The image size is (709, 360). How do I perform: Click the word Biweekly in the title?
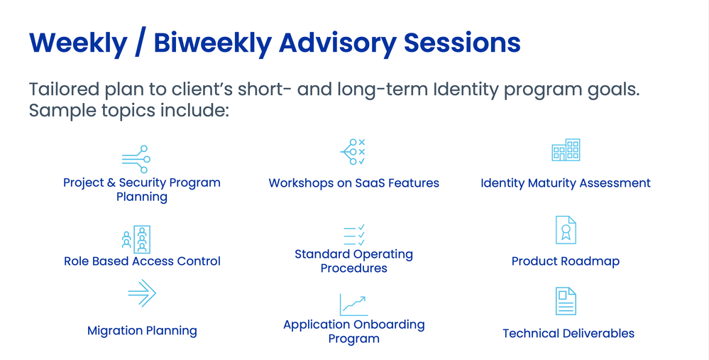(212, 43)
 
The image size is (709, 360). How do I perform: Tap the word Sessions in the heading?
(462, 43)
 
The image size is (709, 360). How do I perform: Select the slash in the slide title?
(141, 43)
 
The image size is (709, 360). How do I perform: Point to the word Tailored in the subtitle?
(64, 89)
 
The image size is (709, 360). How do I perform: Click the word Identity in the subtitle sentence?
(466, 90)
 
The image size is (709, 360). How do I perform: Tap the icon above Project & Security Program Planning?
(136, 159)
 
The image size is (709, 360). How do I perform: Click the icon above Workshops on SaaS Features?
(353, 152)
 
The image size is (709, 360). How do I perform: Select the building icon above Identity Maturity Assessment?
(566, 150)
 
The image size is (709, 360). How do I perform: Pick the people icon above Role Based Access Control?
(136, 239)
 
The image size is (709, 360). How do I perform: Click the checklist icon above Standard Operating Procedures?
(354, 235)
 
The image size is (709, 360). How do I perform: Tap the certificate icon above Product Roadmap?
(566, 230)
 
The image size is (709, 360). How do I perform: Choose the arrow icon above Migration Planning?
(142, 293)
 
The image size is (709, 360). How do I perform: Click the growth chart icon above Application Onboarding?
(354, 305)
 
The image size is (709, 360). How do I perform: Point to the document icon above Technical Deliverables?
(566, 301)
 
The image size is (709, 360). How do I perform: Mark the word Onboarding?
(389, 324)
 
